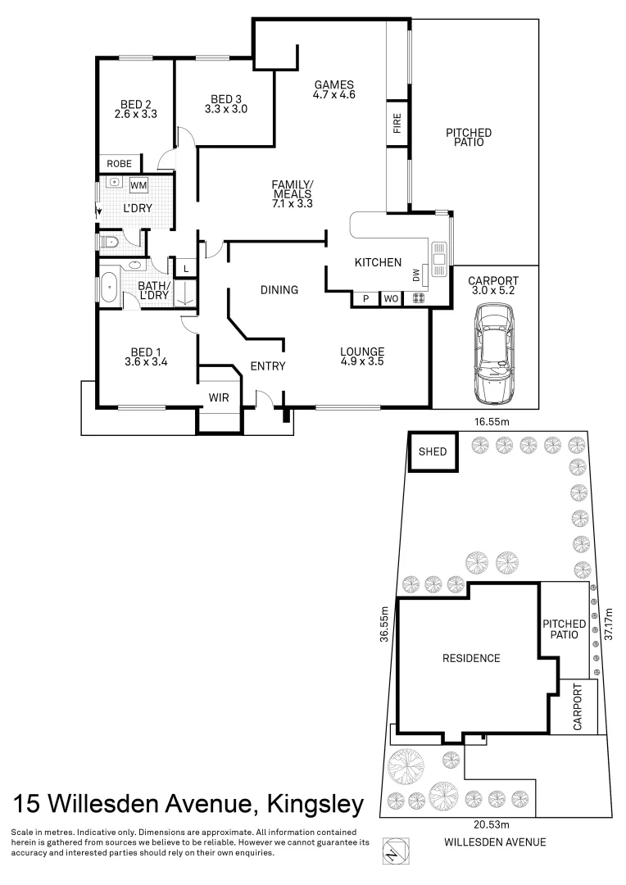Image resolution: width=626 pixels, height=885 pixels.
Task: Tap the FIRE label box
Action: pyautogui.click(x=397, y=125)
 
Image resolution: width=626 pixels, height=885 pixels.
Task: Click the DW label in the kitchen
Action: pyautogui.click(x=416, y=277)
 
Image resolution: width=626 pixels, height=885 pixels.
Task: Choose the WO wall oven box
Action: pyautogui.click(x=391, y=299)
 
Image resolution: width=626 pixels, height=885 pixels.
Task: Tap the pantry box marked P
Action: pyautogui.click(x=365, y=299)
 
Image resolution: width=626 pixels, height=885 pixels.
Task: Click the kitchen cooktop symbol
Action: pyautogui.click(x=418, y=299)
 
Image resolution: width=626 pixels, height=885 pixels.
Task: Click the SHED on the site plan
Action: pyautogui.click(x=433, y=452)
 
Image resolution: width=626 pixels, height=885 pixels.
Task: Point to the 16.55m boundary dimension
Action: pyautogui.click(x=488, y=421)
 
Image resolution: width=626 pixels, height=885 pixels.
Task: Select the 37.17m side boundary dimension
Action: pyautogui.click(x=607, y=624)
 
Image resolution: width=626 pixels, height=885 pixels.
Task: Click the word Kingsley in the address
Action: pyautogui.click(x=311, y=804)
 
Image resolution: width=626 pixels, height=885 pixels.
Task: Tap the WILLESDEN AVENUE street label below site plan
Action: pyautogui.click(x=494, y=842)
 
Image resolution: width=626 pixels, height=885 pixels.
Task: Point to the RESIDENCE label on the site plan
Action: pyautogui.click(x=471, y=658)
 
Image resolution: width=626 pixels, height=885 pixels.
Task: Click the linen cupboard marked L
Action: pyautogui.click(x=186, y=269)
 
